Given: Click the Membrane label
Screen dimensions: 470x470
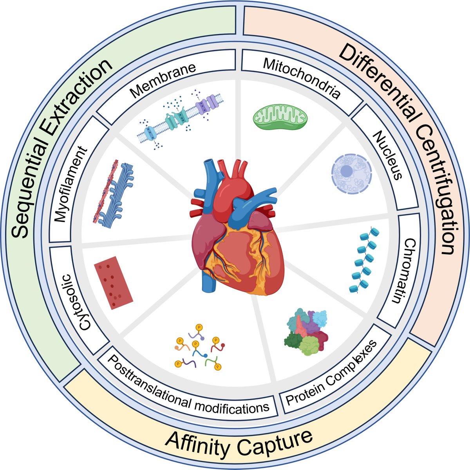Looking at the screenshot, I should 163,81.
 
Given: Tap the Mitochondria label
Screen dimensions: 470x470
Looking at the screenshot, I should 301,78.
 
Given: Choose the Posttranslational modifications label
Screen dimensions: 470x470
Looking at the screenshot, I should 188,386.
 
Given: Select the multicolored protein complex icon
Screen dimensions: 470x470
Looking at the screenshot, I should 306,331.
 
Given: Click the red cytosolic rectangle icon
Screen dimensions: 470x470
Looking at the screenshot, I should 113,282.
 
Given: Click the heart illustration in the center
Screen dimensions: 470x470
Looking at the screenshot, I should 235,231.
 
